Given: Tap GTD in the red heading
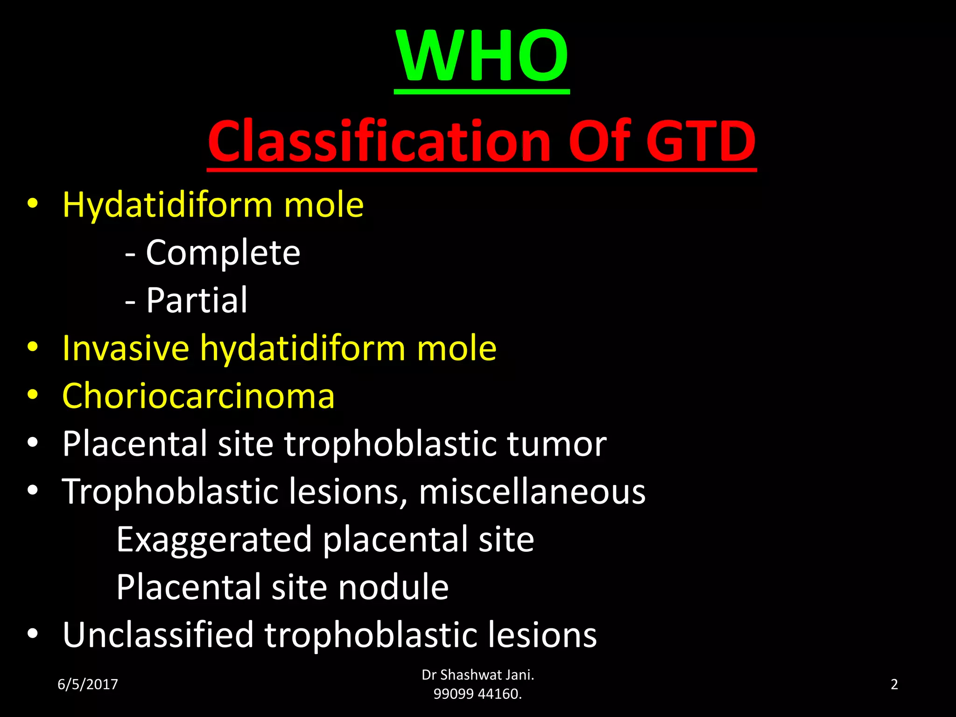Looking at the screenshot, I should [701, 141].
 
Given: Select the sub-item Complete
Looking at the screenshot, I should [223, 253].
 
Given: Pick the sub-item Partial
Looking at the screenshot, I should [197, 300].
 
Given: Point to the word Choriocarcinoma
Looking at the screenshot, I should [198, 396].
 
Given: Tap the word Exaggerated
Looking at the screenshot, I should [214, 540].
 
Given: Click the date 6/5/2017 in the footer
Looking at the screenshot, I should [88, 684].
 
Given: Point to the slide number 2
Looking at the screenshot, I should [894, 684].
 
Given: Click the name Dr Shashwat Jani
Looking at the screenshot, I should [478, 675].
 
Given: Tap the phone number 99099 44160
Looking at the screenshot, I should [478, 694].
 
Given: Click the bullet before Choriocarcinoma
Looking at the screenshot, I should [32, 395].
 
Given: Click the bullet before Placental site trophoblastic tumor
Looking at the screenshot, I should [32, 443].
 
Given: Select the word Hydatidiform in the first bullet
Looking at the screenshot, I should [167, 205].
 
